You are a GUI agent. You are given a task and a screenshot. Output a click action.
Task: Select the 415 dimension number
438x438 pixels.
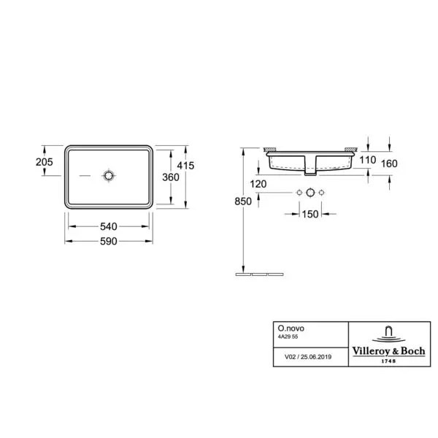click(x=185, y=166)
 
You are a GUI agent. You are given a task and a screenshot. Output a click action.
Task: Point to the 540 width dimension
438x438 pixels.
click(x=109, y=227)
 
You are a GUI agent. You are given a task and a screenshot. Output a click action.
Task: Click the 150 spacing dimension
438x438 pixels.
click(x=310, y=214)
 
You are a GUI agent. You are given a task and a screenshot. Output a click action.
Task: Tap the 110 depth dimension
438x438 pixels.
click(x=366, y=160)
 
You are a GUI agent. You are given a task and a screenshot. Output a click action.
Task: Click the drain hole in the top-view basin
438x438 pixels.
click(x=109, y=176)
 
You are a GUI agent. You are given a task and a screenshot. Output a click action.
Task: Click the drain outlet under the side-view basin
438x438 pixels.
click(x=310, y=172)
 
